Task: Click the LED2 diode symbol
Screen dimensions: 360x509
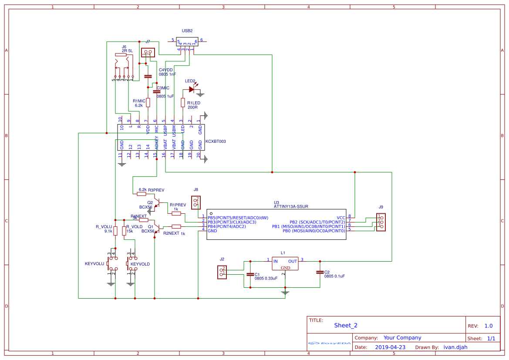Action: (191, 89)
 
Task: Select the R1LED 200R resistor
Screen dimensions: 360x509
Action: (183, 102)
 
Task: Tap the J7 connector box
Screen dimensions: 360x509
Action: (148, 53)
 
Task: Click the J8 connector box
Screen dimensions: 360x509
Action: (196, 202)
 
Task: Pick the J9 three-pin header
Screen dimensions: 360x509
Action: (381, 222)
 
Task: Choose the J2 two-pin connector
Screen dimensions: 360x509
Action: (222, 273)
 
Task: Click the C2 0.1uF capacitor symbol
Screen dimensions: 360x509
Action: (320, 272)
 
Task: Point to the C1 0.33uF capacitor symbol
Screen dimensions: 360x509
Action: (250, 274)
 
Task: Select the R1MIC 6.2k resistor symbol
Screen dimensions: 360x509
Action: (148, 102)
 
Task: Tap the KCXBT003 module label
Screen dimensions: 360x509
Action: (216, 141)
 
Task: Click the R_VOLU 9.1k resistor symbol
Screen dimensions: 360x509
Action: (115, 231)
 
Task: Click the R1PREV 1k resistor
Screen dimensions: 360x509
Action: (176, 213)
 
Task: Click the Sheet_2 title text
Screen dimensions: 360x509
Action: (346, 325)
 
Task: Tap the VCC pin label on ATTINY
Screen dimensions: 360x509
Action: (340, 218)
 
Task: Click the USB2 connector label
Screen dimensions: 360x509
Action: (187, 31)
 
